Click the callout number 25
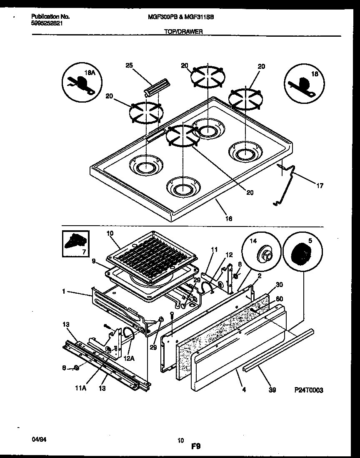129,65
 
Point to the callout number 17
320,186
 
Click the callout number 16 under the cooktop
229,218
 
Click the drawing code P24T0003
308,390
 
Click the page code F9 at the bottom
196,446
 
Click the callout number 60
279,299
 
